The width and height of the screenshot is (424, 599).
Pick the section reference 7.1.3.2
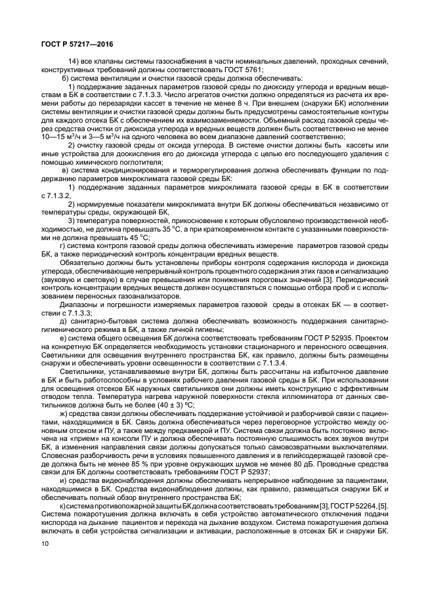60,196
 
